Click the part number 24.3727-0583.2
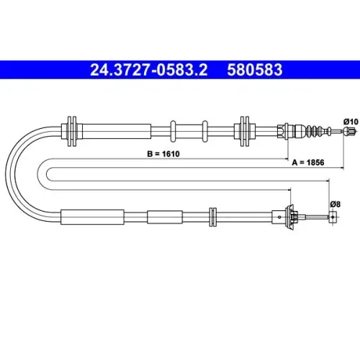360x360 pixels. coord(149,70)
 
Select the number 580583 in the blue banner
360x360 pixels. coord(255,70)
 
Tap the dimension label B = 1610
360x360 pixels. coord(163,153)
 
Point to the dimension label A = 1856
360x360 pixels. coord(308,163)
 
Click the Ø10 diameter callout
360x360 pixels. coord(351,122)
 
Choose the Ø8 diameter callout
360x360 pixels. coord(335,204)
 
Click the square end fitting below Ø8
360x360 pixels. coord(333,217)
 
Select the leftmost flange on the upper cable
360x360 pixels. coord(72,131)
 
